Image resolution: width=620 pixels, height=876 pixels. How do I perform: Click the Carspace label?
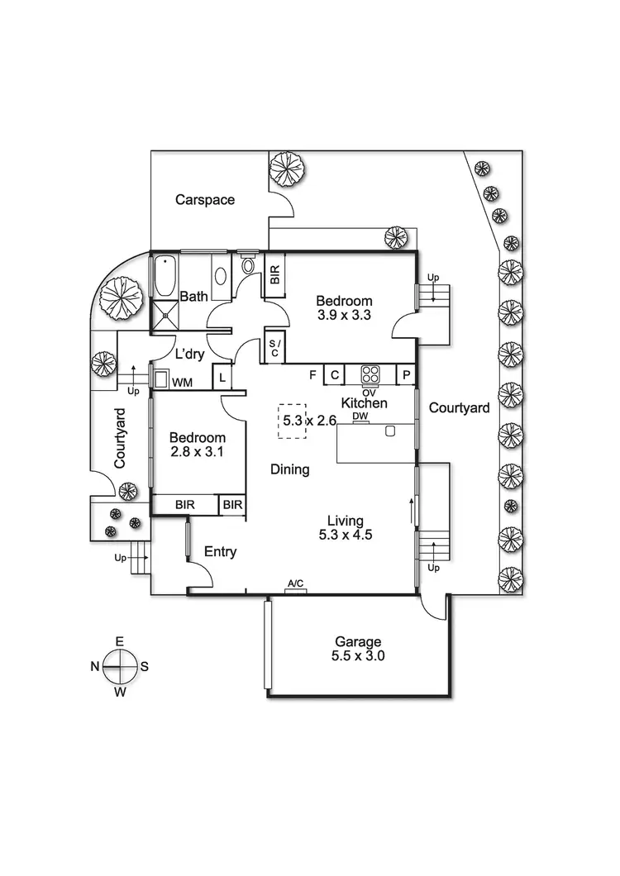click(x=205, y=199)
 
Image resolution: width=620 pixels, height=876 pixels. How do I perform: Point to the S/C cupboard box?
click(x=274, y=347)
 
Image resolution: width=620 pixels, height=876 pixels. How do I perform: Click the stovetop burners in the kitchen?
click(x=370, y=374)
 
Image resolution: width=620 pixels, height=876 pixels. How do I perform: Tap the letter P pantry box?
click(x=407, y=375)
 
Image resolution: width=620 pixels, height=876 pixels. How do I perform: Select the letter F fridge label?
click(x=313, y=375)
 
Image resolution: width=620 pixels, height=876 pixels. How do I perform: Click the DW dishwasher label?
click(x=360, y=416)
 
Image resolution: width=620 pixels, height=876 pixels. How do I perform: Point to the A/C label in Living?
click(x=295, y=585)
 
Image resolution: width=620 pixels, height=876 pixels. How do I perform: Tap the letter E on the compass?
click(x=120, y=641)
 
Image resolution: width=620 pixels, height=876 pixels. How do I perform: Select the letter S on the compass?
click(x=144, y=666)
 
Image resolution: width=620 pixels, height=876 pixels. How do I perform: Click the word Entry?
click(x=220, y=552)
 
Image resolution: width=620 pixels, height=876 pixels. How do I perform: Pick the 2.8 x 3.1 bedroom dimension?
click(x=197, y=452)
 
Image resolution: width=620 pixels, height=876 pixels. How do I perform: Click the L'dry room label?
click(x=189, y=354)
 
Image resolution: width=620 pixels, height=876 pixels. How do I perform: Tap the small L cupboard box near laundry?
click(x=222, y=378)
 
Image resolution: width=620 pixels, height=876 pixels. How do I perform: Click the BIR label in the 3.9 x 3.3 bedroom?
click(x=274, y=273)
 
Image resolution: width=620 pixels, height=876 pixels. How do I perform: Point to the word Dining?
click(x=290, y=469)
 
